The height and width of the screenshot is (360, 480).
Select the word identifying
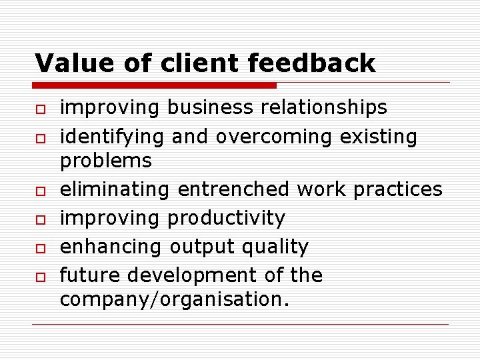113,137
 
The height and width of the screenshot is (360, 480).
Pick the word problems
106,161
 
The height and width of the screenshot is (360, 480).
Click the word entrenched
233,189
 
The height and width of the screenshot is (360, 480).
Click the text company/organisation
175,300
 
